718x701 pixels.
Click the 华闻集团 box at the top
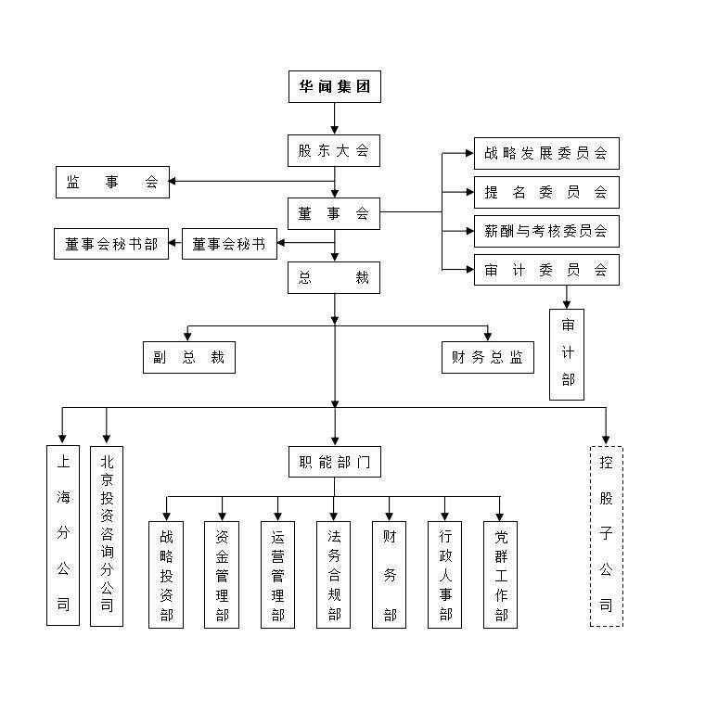(334, 88)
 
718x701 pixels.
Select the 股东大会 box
(334, 150)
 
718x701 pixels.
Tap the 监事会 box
(112, 183)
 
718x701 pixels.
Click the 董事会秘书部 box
(111, 244)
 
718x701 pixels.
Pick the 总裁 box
(334, 277)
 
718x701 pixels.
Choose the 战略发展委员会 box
(545, 153)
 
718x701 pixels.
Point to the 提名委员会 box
(545, 192)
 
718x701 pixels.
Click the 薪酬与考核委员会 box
(545, 231)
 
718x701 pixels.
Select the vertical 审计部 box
(567, 354)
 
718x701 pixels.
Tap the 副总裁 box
(189, 358)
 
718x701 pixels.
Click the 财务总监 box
(488, 358)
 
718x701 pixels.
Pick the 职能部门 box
(334, 462)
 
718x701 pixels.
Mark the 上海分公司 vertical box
(63, 535)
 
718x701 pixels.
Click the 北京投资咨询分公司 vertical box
(107, 535)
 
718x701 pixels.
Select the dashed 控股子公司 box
(606, 536)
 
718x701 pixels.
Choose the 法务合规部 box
(334, 575)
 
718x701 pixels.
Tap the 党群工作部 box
(501, 575)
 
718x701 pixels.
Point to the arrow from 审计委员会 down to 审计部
(567, 297)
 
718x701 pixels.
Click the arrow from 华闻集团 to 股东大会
(334, 119)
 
